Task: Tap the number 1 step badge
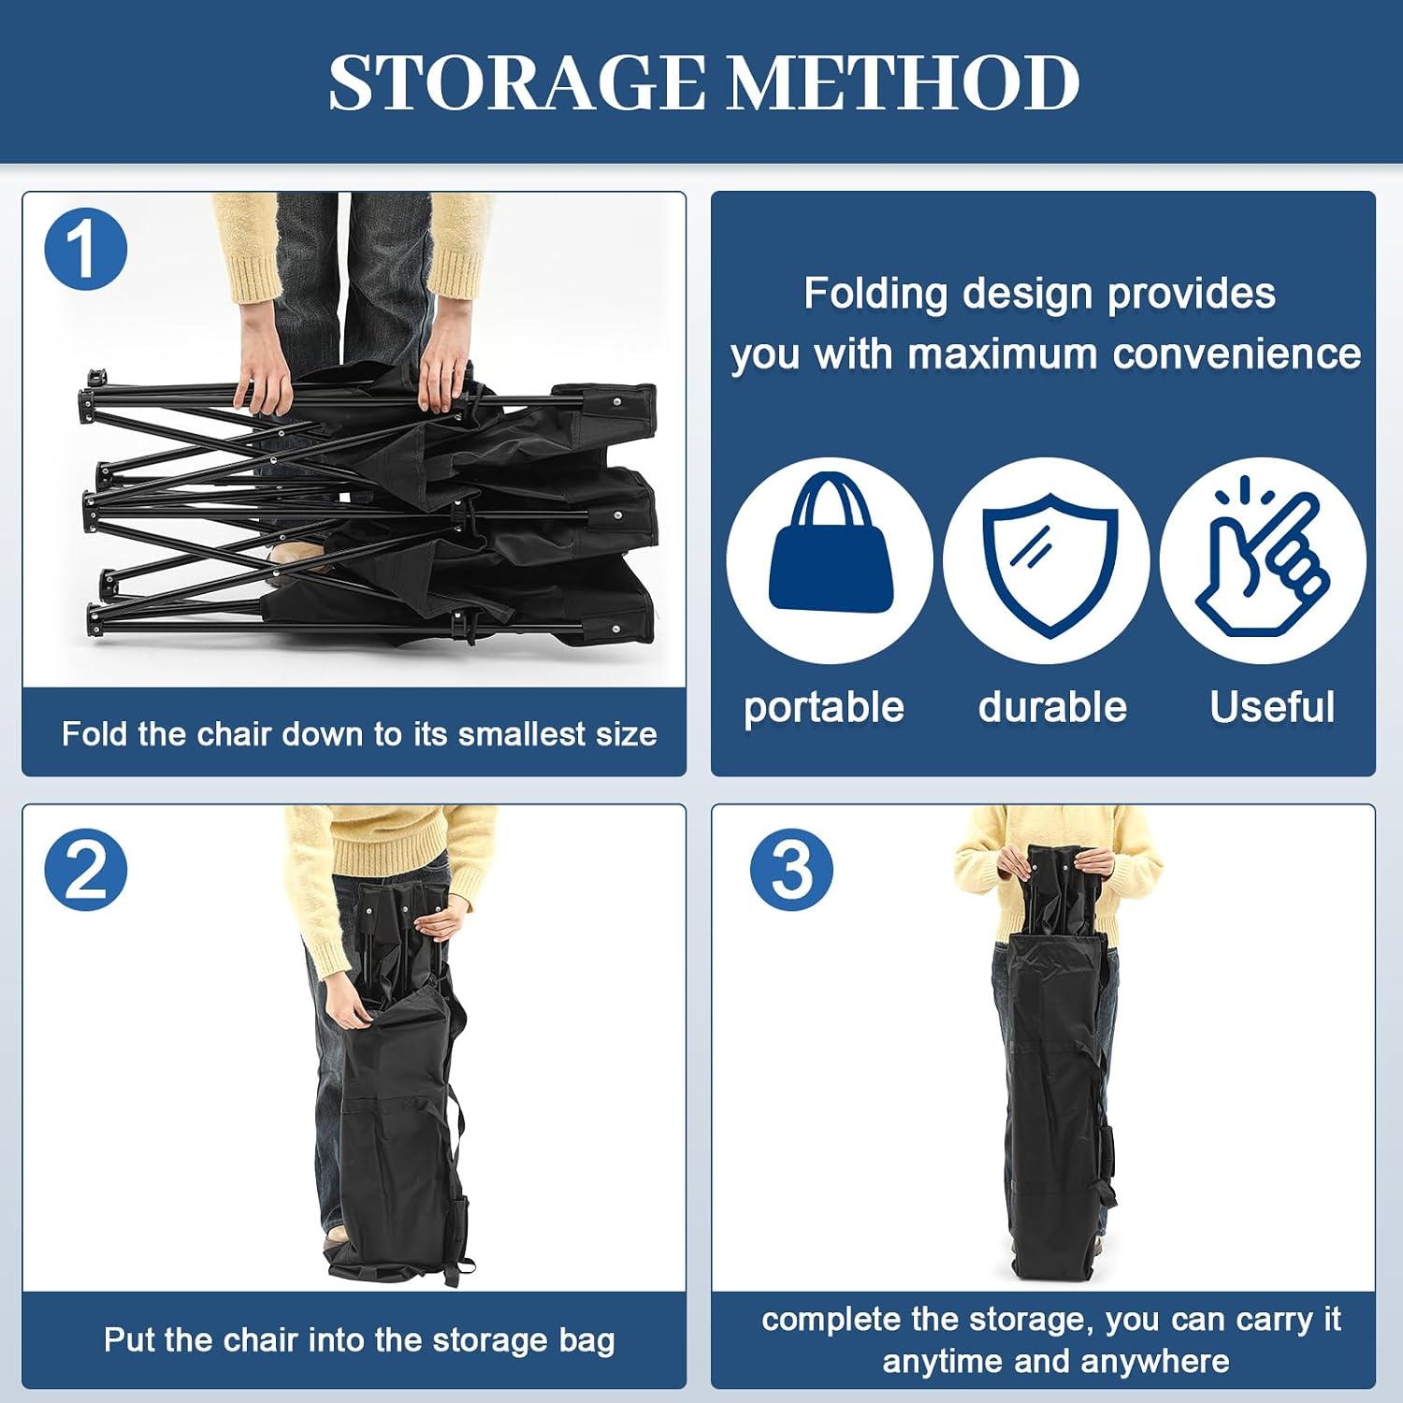[85, 249]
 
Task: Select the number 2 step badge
[85, 870]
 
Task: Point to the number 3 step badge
[791, 870]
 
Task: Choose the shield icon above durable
[1049, 564]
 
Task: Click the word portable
[824, 708]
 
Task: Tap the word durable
[1052, 707]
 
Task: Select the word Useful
[1272, 707]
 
